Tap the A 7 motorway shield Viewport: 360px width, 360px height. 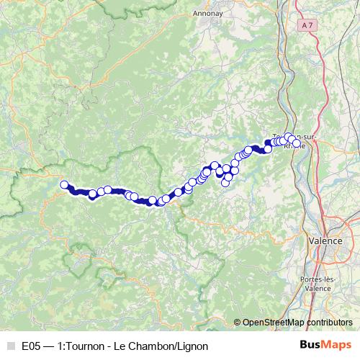pyautogui.click(x=308, y=25)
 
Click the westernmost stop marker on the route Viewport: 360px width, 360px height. pyautogui.click(x=64, y=184)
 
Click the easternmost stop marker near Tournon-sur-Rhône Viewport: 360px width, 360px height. pyautogui.click(x=297, y=143)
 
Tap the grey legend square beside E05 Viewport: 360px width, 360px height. pyautogui.click(x=9, y=346)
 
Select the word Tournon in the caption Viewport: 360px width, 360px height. pyautogui.click(x=89, y=346)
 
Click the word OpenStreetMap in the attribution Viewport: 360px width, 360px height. pyautogui.click(x=272, y=323)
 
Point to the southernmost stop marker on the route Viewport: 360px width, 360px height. pyautogui.click(x=225, y=182)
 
